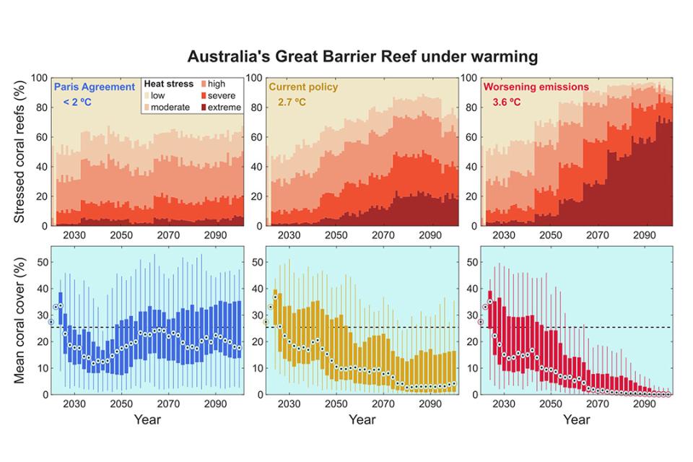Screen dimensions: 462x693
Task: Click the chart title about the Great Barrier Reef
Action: (362, 56)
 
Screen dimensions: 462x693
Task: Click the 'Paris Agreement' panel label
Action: (95, 87)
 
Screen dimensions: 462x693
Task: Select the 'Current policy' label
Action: (303, 87)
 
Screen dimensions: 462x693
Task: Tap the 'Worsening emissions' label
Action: (536, 87)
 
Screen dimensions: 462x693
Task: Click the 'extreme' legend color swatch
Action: (204, 108)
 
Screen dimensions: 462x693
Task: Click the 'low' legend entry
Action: (157, 96)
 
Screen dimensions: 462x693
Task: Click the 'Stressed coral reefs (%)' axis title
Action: (19, 152)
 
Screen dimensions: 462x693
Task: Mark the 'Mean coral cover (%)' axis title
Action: (19, 321)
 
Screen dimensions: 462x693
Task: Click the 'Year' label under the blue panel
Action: (147, 419)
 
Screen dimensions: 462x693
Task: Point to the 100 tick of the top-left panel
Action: (39, 78)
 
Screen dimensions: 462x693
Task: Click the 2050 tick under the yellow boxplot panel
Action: (336, 404)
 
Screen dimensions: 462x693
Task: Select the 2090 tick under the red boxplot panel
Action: (645, 404)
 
